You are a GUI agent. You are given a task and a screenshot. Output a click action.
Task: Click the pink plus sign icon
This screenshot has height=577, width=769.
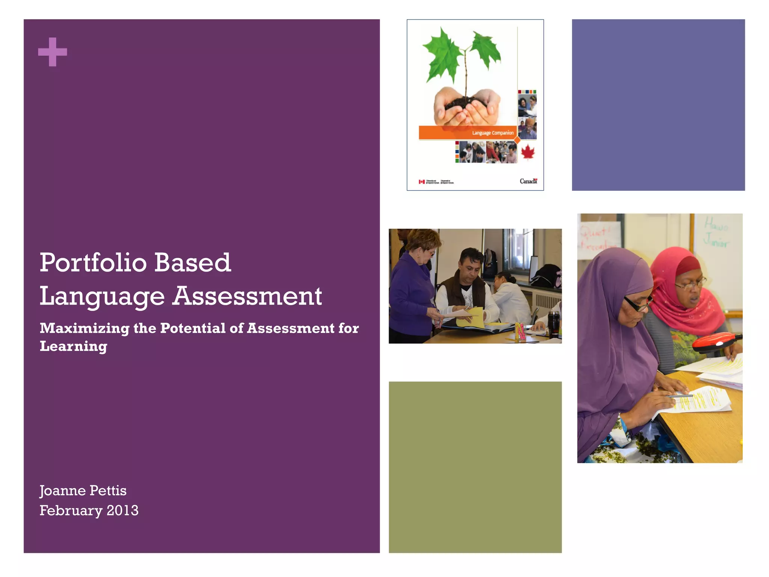pos(53,52)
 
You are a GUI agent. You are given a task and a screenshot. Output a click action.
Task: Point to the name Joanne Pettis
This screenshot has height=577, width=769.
pos(83,491)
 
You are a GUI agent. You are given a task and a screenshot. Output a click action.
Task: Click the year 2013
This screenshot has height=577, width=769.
pos(122,511)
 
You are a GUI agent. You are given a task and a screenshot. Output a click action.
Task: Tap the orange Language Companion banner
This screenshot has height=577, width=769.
pos(467,133)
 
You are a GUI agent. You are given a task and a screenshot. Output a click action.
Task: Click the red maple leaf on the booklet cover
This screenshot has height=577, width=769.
pos(528,152)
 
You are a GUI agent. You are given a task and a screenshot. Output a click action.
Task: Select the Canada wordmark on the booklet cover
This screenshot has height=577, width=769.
pos(528,181)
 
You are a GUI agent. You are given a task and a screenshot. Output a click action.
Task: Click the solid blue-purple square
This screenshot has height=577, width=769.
pos(658,105)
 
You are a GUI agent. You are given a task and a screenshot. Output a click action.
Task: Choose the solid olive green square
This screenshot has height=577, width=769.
pos(475,467)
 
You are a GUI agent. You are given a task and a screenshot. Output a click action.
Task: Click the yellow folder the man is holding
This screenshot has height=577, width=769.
pos(471,317)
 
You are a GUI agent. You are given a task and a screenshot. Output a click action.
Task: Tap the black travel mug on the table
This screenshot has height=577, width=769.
pos(553,324)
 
